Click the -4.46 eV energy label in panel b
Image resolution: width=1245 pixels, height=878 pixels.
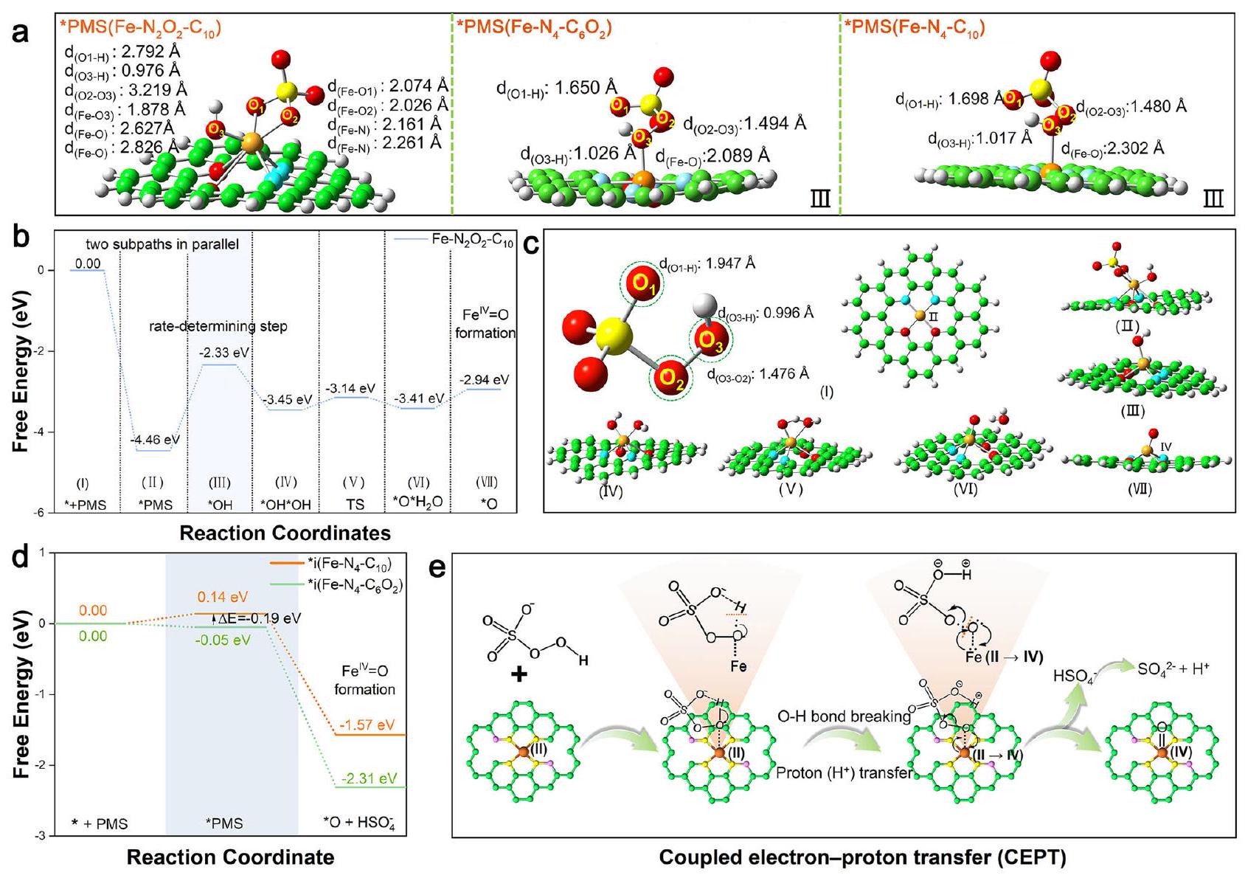click(x=156, y=440)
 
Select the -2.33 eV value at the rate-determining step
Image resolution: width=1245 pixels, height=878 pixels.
click(x=224, y=353)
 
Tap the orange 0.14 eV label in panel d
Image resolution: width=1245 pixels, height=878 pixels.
click(x=223, y=597)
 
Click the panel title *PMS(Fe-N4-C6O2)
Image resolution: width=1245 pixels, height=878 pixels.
click(x=534, y=28)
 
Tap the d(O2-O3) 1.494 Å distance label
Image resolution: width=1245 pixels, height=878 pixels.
click(x=745, y=124)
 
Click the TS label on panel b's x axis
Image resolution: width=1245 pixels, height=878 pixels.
click(x=353, y=505)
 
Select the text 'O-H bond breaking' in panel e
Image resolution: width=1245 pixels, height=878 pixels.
click(x=845, y=716)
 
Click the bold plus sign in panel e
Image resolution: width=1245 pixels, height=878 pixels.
click(x=519, y=674)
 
